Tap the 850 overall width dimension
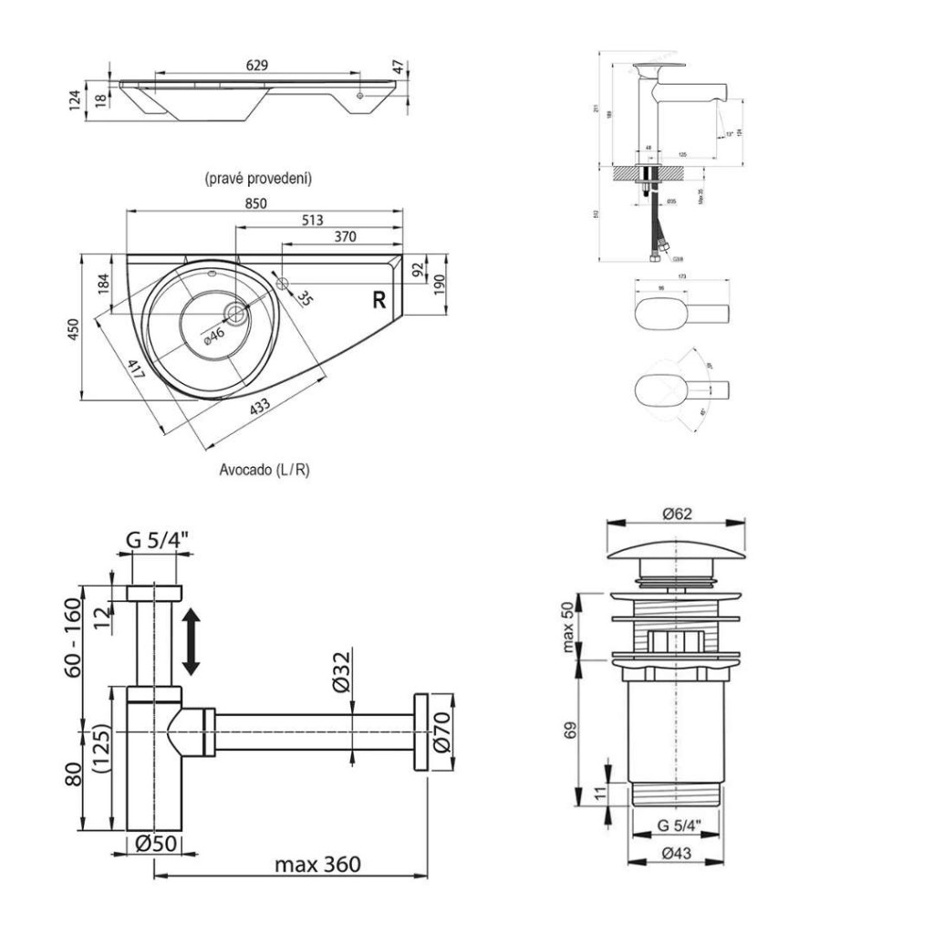click(x=255, y=204)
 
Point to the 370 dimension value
click(x=344, y=237)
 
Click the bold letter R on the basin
click(x=379, y=298)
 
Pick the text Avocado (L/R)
click(x=265, y=471)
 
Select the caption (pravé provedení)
click(x=258, y=178)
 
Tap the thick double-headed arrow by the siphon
click(x=191, y=643)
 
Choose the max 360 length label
click(x=317, y=864)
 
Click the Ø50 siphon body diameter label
click(x=155, y=845)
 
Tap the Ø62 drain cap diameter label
click(x=677, y=514)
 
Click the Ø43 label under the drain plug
click(x=678, y=854)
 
